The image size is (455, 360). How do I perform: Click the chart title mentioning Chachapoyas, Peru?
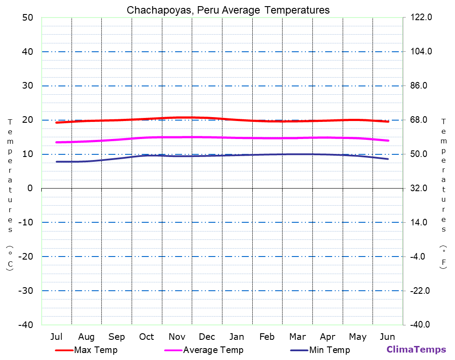click(228, 10)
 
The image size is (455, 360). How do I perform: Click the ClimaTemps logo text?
click(416, 349)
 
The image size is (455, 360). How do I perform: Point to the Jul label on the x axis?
click(56, 337)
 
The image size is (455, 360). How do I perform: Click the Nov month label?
click(177, 337)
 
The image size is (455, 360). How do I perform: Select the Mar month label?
click(297, 337)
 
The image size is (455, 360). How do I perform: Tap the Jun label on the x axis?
click(387, 337)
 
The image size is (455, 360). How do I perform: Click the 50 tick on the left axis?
click(27, 18)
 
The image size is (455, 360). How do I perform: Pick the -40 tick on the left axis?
click(25, 325)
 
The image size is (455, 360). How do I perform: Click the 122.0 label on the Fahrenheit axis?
click(421, 18)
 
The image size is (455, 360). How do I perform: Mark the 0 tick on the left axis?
click(30, 188)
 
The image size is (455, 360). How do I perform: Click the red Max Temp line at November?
click(177, 118)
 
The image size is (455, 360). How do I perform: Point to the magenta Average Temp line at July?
click(57, 142)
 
